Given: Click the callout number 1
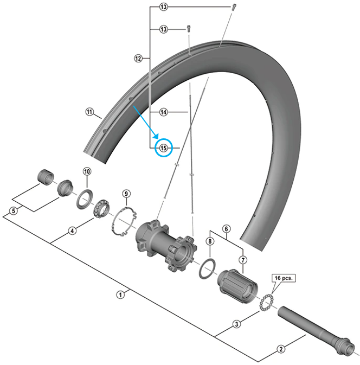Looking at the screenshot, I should coord(121,294).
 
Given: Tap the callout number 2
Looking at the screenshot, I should coord(280,349).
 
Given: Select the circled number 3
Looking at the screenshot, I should coord(236,325).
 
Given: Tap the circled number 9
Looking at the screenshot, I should coord(125,193).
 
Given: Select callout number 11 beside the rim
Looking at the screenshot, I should coord(89,112).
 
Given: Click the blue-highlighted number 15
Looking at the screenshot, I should coord(164,148).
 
